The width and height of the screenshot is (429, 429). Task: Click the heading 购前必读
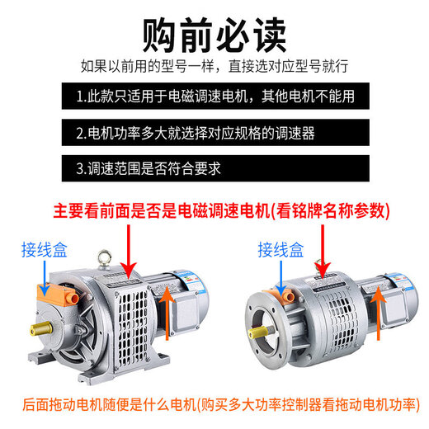[214, 32]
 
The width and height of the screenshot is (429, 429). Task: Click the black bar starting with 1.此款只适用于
[214, 97]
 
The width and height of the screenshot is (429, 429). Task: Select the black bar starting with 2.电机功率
[214, 133]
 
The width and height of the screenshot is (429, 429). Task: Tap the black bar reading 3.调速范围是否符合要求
[214, 169]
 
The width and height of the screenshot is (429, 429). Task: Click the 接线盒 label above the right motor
[278, 247]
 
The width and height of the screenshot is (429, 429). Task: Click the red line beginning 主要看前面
[221, 210]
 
